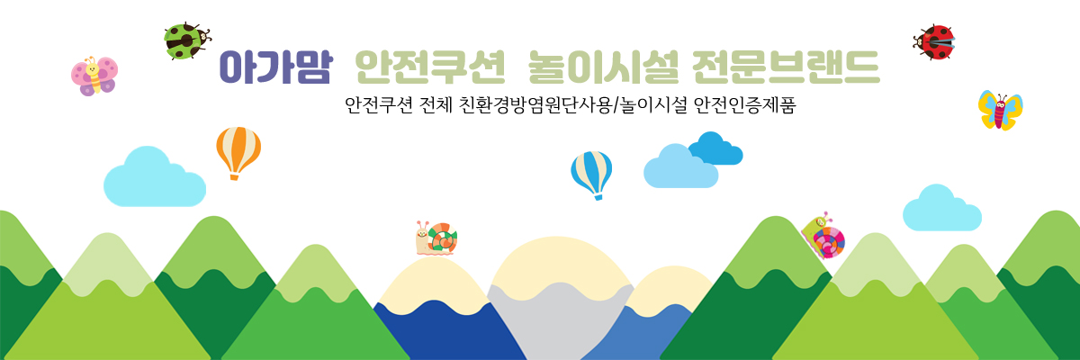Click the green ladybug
point(186,41)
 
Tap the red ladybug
point(934,42)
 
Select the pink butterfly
point(94,76)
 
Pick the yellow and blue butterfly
point(1001,111)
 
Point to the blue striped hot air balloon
point(591,175)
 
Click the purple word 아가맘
point(275,67)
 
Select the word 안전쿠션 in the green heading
point(429,67)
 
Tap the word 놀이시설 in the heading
point(604,67)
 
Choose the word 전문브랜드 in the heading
point(787,67)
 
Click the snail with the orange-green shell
point(436,238)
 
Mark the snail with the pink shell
point(823,236)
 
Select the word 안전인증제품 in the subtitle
point(744,105)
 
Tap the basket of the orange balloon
point(234,177)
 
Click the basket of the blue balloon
point(598,196)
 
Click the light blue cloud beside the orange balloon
point(155,177)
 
